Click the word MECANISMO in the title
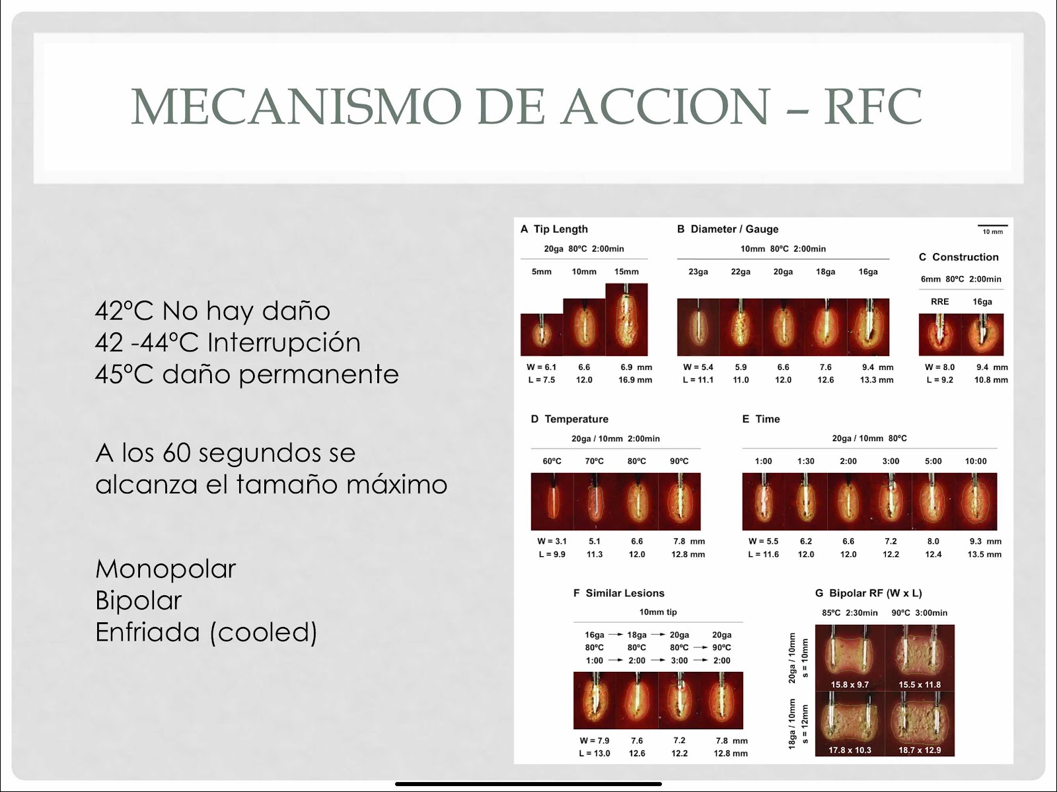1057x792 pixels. (x=296, y=106)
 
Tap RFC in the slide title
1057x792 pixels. (x=873, y=106)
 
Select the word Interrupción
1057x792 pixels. (x=283, y=342)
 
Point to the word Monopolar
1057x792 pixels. (x=166, y=569)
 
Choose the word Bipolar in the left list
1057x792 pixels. (x=139, y=600)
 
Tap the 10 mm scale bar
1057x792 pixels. (x=992, y=225)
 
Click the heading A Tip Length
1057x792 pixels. (x=554, y=229)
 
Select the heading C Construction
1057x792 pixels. (x=959, y=257)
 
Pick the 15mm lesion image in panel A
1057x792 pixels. (x=626, y=320)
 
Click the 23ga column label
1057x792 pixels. (x=698, y=271)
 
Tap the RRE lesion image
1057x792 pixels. (x=940, y=335)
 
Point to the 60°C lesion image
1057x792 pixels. (x=552, y=501)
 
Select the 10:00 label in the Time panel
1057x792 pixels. (x=976, y=461)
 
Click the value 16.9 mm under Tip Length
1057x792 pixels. (x=635, y=380)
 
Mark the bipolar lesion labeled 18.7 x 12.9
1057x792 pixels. (x=920, y=723)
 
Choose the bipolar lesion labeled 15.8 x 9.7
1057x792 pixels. (x=850, y=658)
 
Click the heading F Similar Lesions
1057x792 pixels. (x=619, y=593)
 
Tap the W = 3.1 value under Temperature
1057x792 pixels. (x=552, y=541)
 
